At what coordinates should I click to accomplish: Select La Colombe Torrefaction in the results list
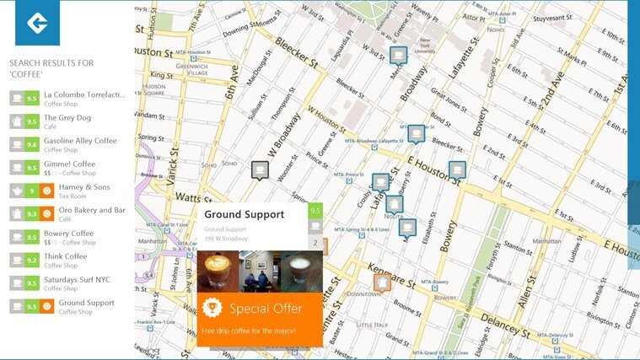(83, 94)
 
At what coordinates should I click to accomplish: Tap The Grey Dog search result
(67, 118)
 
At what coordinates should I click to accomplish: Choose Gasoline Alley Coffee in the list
(80, 141)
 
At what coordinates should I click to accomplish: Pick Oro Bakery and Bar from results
(84, 210)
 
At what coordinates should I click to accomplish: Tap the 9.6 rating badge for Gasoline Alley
(32, 145)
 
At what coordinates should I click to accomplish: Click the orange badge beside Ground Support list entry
(47, 307)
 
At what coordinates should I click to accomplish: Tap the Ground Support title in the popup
(244, 214)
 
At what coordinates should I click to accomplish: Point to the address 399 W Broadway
(226, 239)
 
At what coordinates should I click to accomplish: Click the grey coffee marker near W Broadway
(260, 170)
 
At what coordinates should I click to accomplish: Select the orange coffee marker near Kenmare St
(383, 283)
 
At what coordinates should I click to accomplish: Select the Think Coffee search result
(65, 256)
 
